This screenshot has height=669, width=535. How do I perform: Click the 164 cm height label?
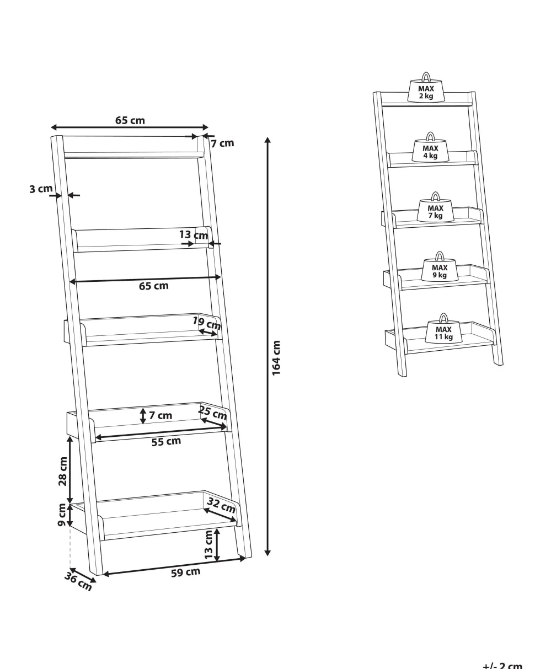(276, 357)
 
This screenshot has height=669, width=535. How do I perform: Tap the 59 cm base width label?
(185, 572)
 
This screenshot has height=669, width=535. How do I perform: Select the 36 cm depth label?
(78, 581)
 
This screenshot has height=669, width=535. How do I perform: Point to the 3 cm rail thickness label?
(41, 189)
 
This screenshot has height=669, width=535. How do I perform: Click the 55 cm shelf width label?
(166, 441)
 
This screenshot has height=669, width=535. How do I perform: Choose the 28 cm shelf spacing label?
(63, 472)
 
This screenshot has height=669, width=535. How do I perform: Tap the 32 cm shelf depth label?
(221, 505)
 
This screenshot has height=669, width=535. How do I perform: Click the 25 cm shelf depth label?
(213, 413)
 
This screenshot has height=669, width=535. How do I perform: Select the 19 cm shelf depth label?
(207, 323)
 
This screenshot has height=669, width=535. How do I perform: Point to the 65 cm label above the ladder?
(130, 120)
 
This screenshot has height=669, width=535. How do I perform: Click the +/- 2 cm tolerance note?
(502, 665)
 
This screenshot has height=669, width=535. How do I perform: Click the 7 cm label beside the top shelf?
(223, 143)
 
